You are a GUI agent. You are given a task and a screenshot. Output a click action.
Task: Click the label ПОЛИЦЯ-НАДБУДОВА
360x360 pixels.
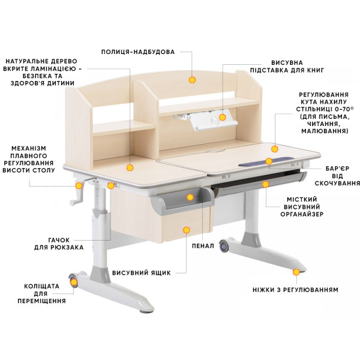tap(138, 52)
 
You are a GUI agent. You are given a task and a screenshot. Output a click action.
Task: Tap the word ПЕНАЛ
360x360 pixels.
tap(203, 246)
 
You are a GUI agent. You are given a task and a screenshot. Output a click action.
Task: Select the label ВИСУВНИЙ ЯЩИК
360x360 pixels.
tap(142, 273)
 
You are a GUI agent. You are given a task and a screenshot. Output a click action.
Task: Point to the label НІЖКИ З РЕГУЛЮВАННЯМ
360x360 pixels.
tap(295, 290)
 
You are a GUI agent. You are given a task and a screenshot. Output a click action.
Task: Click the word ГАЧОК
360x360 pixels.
tap(59, 240)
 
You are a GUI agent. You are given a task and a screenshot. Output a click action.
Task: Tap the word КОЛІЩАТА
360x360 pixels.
tap(42, 286)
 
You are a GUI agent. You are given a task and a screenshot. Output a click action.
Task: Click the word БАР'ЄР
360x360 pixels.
tap(337, 169)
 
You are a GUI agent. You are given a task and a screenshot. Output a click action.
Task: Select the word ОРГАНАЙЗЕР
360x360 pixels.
tap(302, 214)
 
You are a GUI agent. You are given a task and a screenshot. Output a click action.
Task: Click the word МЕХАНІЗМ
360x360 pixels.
tap(29, 148)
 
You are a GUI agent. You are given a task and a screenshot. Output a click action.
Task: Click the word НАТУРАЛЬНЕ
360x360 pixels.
tap(25, 61)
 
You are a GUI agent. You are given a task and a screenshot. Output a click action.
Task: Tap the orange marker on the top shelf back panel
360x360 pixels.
tap(192, 80)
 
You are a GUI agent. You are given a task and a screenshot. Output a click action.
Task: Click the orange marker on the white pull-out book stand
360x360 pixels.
tap(222, 118)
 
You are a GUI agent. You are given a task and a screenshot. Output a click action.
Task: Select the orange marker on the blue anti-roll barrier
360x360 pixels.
tap(269, 161)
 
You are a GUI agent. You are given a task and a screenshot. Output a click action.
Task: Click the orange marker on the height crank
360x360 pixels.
tap(79, 185)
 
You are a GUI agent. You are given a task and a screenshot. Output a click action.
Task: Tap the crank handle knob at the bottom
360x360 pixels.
tap(73, 203)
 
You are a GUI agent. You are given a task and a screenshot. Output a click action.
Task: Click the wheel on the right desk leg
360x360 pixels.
tap(224, 247)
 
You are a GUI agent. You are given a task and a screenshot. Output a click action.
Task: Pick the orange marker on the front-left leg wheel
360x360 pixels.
tap(74, 283)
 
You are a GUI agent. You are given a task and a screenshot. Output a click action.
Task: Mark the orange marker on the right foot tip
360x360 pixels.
tap(296, 272)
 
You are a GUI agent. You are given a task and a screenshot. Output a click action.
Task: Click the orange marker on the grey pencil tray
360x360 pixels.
tap(190, 197)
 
